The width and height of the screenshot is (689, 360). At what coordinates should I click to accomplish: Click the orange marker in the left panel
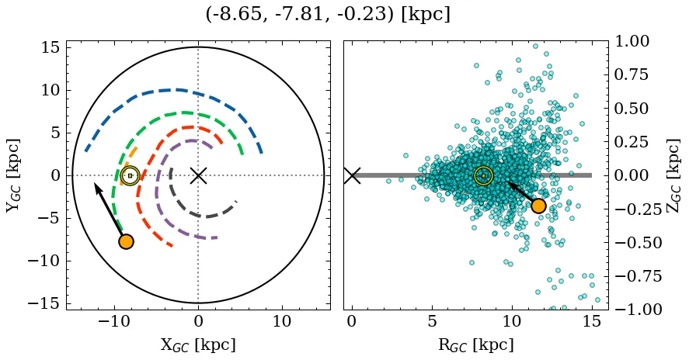click(x=126, y=241)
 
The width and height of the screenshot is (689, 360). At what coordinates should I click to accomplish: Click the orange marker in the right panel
click(x=538, y=206)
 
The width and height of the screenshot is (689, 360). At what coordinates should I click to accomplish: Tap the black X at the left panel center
click(x=198, y=175)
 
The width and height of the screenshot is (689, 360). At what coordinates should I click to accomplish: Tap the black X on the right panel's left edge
click(x=352, y=175)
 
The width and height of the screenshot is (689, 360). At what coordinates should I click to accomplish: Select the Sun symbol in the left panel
click(x=130, y=175)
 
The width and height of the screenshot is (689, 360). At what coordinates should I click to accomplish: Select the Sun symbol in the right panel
click(x=483, y=175)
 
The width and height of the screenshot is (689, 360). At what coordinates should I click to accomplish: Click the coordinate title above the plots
click(x=328, y=14)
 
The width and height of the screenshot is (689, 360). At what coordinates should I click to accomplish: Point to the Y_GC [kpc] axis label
click(x=15, y=175)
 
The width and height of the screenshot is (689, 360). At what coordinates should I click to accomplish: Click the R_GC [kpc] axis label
click(x=475, y=344)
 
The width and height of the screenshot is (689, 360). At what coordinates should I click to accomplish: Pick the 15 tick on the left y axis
click(x=50, y=47)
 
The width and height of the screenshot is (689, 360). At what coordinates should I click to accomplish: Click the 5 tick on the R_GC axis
click(x=432, y=321)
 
